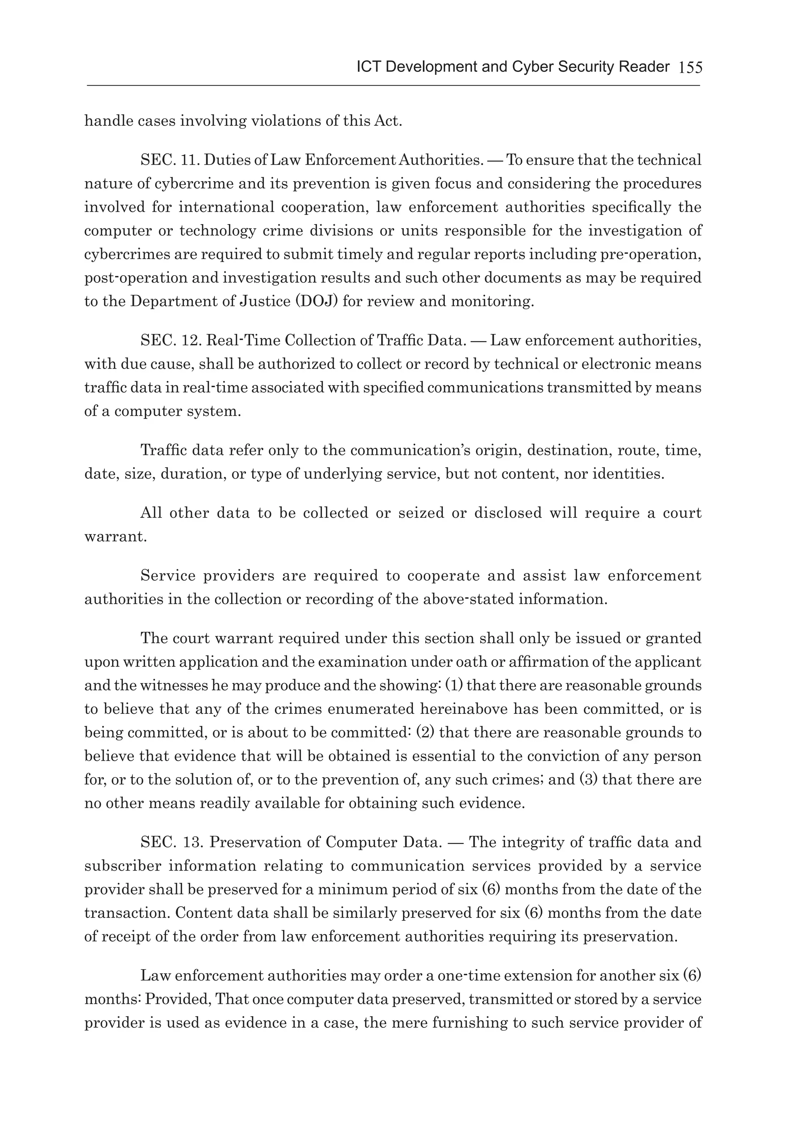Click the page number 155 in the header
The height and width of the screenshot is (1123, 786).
pyautogui.click(x=690, y=68)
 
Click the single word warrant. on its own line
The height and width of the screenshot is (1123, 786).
pyautogui.click(x=116, y=537)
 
